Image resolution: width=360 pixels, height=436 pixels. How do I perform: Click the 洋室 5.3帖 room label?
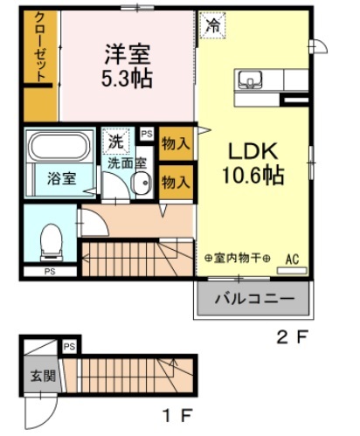tap(128, 66)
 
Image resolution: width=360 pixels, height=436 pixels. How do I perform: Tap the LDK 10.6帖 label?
tap(253, 163)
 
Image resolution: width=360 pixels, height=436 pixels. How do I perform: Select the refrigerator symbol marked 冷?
tap(213, 25)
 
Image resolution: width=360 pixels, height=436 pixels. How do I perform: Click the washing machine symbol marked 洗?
tap(115, 141)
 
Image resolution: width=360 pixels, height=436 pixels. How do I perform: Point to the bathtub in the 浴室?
tap(60, 147)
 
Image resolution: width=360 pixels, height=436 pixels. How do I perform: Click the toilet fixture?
tap(52, 242)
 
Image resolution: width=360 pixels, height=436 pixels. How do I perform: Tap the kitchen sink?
tap(250, 80)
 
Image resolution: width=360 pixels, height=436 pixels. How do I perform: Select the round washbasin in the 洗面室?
tap(142, 183)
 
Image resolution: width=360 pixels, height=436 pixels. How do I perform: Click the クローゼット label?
tap(40, 46)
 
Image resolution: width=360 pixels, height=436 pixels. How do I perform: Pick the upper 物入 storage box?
tap(177, 143)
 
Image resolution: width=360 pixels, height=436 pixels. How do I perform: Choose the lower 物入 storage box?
tap(177, 183)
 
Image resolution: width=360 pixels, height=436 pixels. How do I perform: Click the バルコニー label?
tap(254, 299)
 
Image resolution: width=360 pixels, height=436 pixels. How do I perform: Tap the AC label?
tap(292, 260)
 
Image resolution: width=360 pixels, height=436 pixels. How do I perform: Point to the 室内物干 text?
tap(238, 258)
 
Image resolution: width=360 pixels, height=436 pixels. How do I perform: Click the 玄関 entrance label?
tap(43, 376)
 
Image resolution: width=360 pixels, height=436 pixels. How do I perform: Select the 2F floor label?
tap(292, 338)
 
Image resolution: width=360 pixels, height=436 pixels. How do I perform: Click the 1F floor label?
tap(178, 416)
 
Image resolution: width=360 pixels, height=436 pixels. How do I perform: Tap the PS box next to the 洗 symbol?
tap(147, 134)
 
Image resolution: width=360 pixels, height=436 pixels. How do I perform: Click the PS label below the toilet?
tap(50, 272)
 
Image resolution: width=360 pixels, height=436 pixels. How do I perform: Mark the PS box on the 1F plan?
tap(69, 347)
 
